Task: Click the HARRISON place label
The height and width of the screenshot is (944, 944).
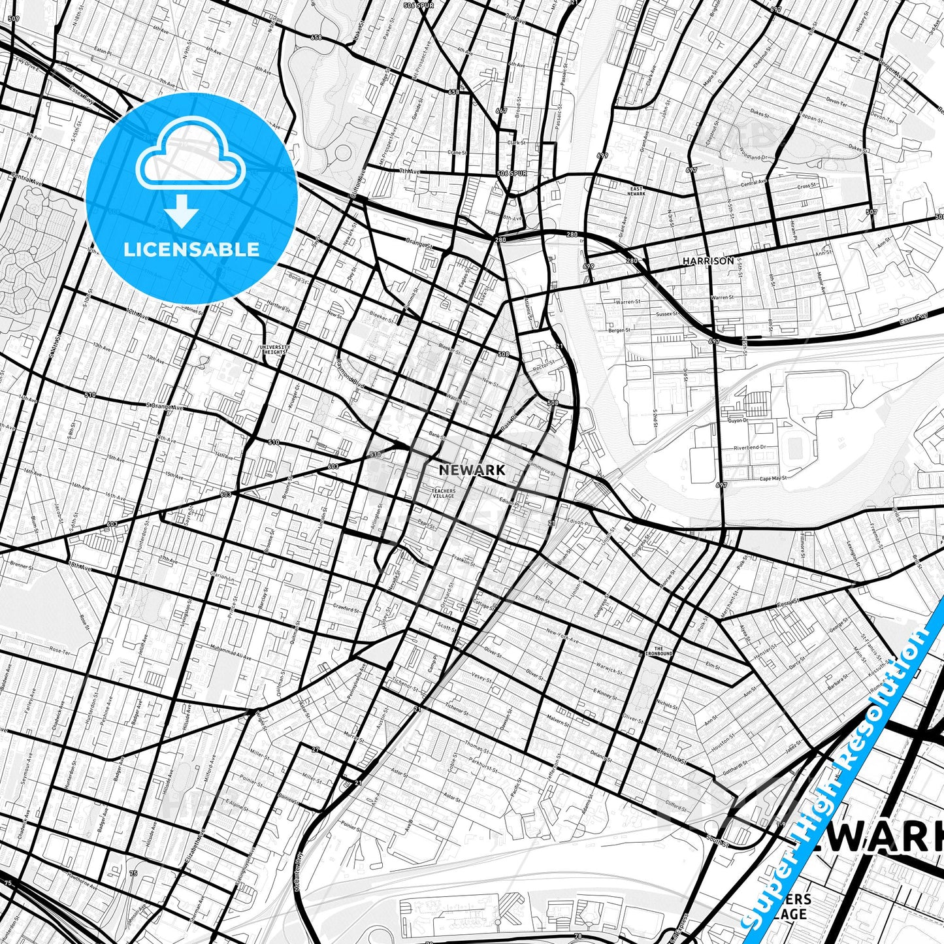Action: (x=708, y=261)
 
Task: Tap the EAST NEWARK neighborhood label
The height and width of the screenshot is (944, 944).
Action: (x=636, y=191)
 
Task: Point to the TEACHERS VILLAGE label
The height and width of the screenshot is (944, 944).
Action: (x=443, y=493)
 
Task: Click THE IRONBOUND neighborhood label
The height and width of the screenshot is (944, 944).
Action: (x=659, y=651)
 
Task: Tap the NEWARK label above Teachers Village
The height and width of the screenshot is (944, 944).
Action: (x=472, y=470)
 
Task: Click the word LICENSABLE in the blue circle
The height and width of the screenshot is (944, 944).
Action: (x=191, y=249)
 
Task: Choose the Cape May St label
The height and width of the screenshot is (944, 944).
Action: (x=773, y=479)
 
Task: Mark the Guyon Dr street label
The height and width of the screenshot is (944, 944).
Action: (x=738, y=421)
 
